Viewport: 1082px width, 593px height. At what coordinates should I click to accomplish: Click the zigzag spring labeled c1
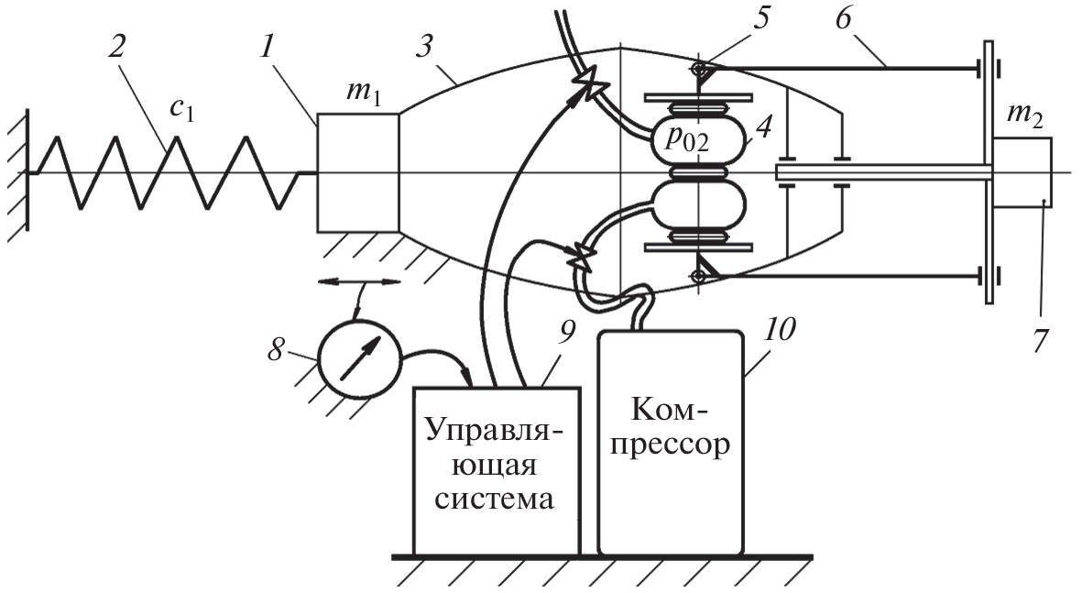pyautogui.click(x=165, y=172)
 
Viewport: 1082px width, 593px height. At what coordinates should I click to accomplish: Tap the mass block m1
pyautogui.click(x=357, y=172)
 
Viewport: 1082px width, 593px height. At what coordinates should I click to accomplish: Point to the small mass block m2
pyautogui.click(x=1022, y=172)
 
